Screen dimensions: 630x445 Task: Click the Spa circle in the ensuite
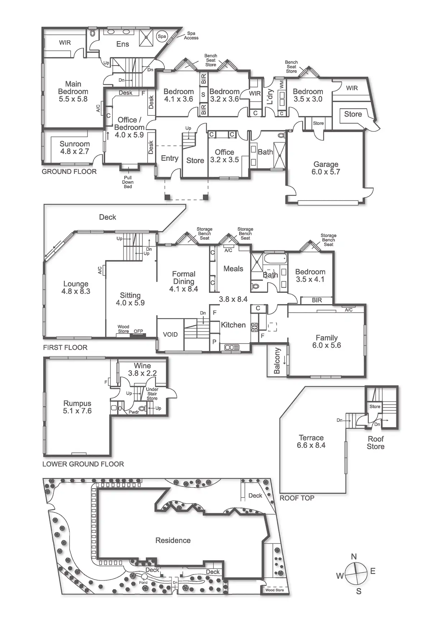tap(162, 36)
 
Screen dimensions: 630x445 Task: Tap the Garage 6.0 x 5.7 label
tap(326, 168)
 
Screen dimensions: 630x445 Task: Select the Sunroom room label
tap(75, 148)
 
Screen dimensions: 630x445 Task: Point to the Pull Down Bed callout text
tap(128, 182)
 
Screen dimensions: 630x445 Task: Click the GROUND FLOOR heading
tap(69, 172)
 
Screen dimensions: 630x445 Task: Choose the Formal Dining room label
tap(184, 281)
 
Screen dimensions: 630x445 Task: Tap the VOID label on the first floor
tap(170, 334)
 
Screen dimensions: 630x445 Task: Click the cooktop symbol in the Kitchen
tap(254, 327)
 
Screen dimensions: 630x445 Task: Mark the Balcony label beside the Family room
tap(277, 361)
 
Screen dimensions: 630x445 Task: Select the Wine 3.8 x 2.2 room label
tap(142, 369)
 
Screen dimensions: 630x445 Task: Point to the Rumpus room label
tap(77, 407)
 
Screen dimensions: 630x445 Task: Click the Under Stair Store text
tap(152, 394)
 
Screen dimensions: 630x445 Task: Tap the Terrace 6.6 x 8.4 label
tap(311, 441)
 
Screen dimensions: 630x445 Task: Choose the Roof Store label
tap(376, 443)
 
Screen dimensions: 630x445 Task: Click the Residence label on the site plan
tap(173, 541)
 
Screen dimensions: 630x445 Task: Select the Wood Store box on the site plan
tap(275, 590)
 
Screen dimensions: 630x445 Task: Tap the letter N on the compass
tap(354, 557)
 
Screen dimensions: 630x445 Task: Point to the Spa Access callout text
tap(191, 36)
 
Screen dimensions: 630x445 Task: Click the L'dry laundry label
tap(270, 97)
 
